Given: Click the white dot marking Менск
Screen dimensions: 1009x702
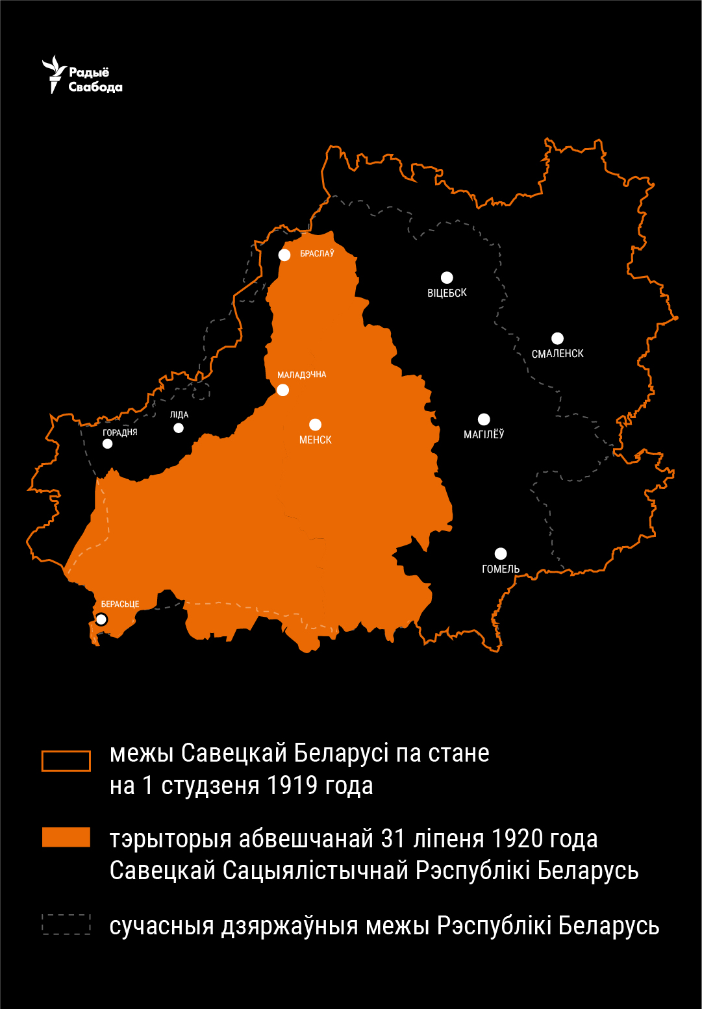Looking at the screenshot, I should point(316,425).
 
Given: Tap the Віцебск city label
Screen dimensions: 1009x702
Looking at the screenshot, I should point(447,293).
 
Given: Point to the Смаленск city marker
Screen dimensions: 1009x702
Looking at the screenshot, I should point(557,338).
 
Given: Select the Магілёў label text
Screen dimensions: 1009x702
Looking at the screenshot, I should point(484,434).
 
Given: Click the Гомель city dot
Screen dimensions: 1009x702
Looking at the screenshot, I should point(501,554).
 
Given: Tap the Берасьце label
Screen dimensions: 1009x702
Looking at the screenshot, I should point(120,604).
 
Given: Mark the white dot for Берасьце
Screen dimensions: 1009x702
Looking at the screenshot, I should point(101,619).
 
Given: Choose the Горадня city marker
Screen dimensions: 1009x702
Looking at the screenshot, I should point(108,444).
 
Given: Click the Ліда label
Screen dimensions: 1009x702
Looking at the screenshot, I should point(179,414).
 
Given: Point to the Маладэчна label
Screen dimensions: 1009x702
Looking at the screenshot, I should point(302,375).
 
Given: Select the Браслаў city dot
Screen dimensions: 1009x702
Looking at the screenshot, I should point(284,255).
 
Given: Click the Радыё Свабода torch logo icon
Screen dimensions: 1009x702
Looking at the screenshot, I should point(55,73).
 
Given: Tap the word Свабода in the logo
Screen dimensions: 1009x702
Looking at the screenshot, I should point(95,88).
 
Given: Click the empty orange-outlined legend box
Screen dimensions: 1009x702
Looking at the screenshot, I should point(66,761).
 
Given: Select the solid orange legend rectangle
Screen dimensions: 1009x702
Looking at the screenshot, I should point(66,837).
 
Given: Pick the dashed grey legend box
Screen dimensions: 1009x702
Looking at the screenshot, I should point(66,924).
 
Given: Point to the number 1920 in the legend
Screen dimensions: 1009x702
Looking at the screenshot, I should point(518,839).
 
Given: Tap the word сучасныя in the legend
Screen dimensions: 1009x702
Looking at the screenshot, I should point(162,927).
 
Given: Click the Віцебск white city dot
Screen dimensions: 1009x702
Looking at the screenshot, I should point(447,278).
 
